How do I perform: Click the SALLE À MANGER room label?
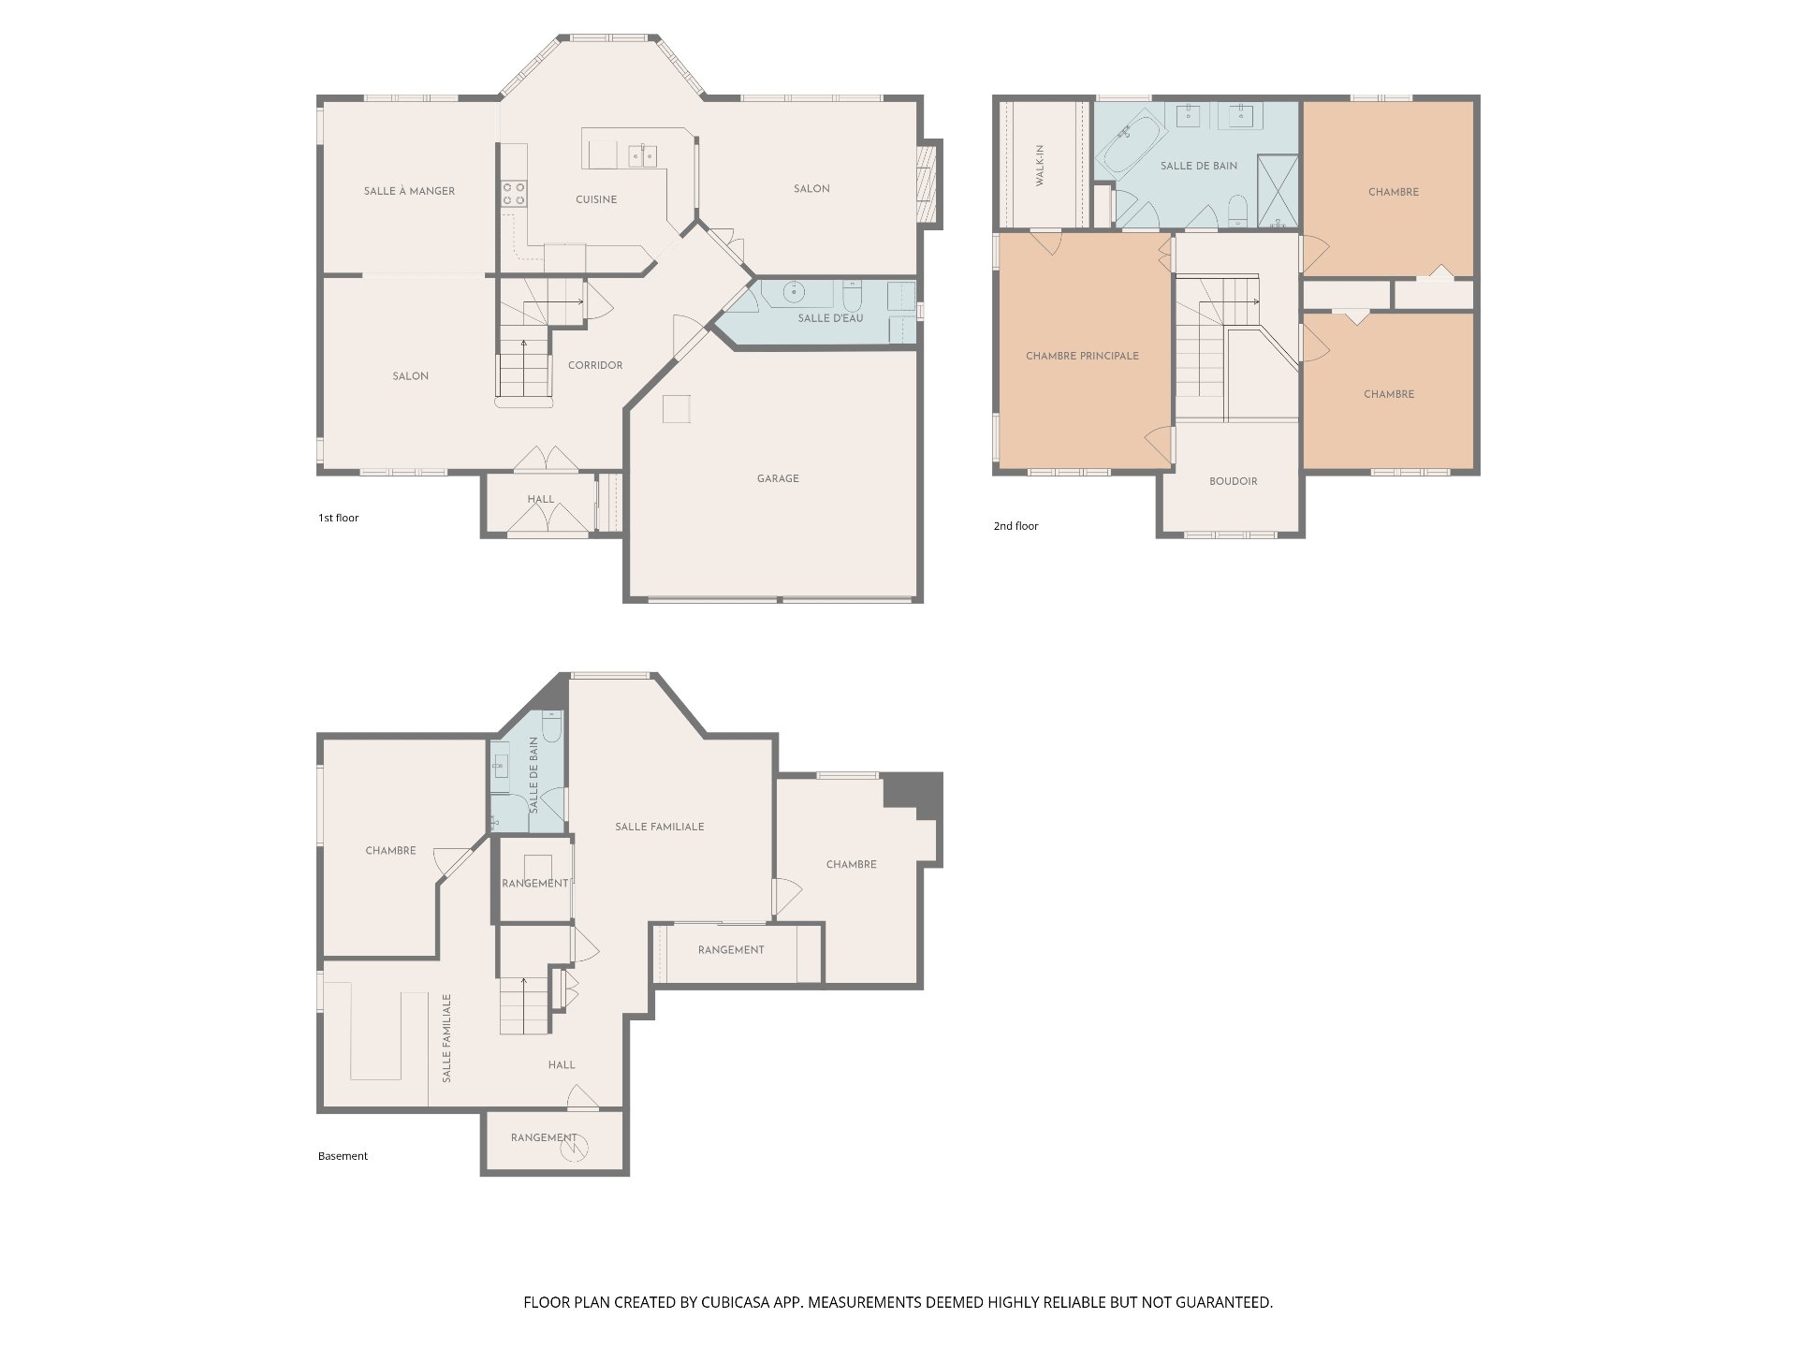click(x=409, y=191)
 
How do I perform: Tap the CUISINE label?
click(x=596, y=199)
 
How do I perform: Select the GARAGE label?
click(x=778, y=478)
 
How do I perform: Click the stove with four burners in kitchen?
click(x=513, y=194)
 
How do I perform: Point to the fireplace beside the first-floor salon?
click(x=928, y=183)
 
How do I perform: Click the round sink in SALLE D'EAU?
click(x=795, y=292)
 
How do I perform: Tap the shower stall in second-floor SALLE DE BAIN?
click(x=1278, y=192)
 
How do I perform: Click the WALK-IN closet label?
click(x=1040, y=166)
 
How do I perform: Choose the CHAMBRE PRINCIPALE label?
click(x=1082, y=356)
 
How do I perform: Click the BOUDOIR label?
click(x=1233, y=481)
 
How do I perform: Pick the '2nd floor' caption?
click(x=1015, y=526)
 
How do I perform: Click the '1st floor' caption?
click(x=338, y=518)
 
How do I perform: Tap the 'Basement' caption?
click(x=343, y=1156)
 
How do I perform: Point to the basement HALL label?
click(x=562, y=1064)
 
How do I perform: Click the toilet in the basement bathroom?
click(x=551, y=726)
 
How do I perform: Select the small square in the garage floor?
click(x=677, y=409)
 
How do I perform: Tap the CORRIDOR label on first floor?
click(x=595, y=365)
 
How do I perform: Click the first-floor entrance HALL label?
click(x=540, y=499)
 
